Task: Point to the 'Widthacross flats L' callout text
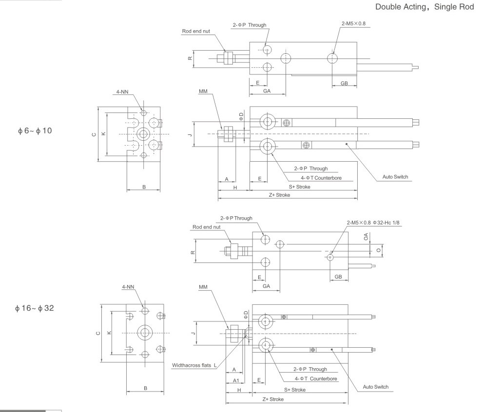194,365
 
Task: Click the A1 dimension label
235,379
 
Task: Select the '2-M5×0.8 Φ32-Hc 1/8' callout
372,223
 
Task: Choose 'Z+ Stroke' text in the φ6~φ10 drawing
280,195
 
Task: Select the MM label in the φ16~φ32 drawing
203,287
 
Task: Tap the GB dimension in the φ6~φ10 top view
344,83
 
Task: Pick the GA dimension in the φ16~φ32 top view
266,286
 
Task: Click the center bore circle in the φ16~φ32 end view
145,333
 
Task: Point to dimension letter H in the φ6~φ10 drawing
234,187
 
